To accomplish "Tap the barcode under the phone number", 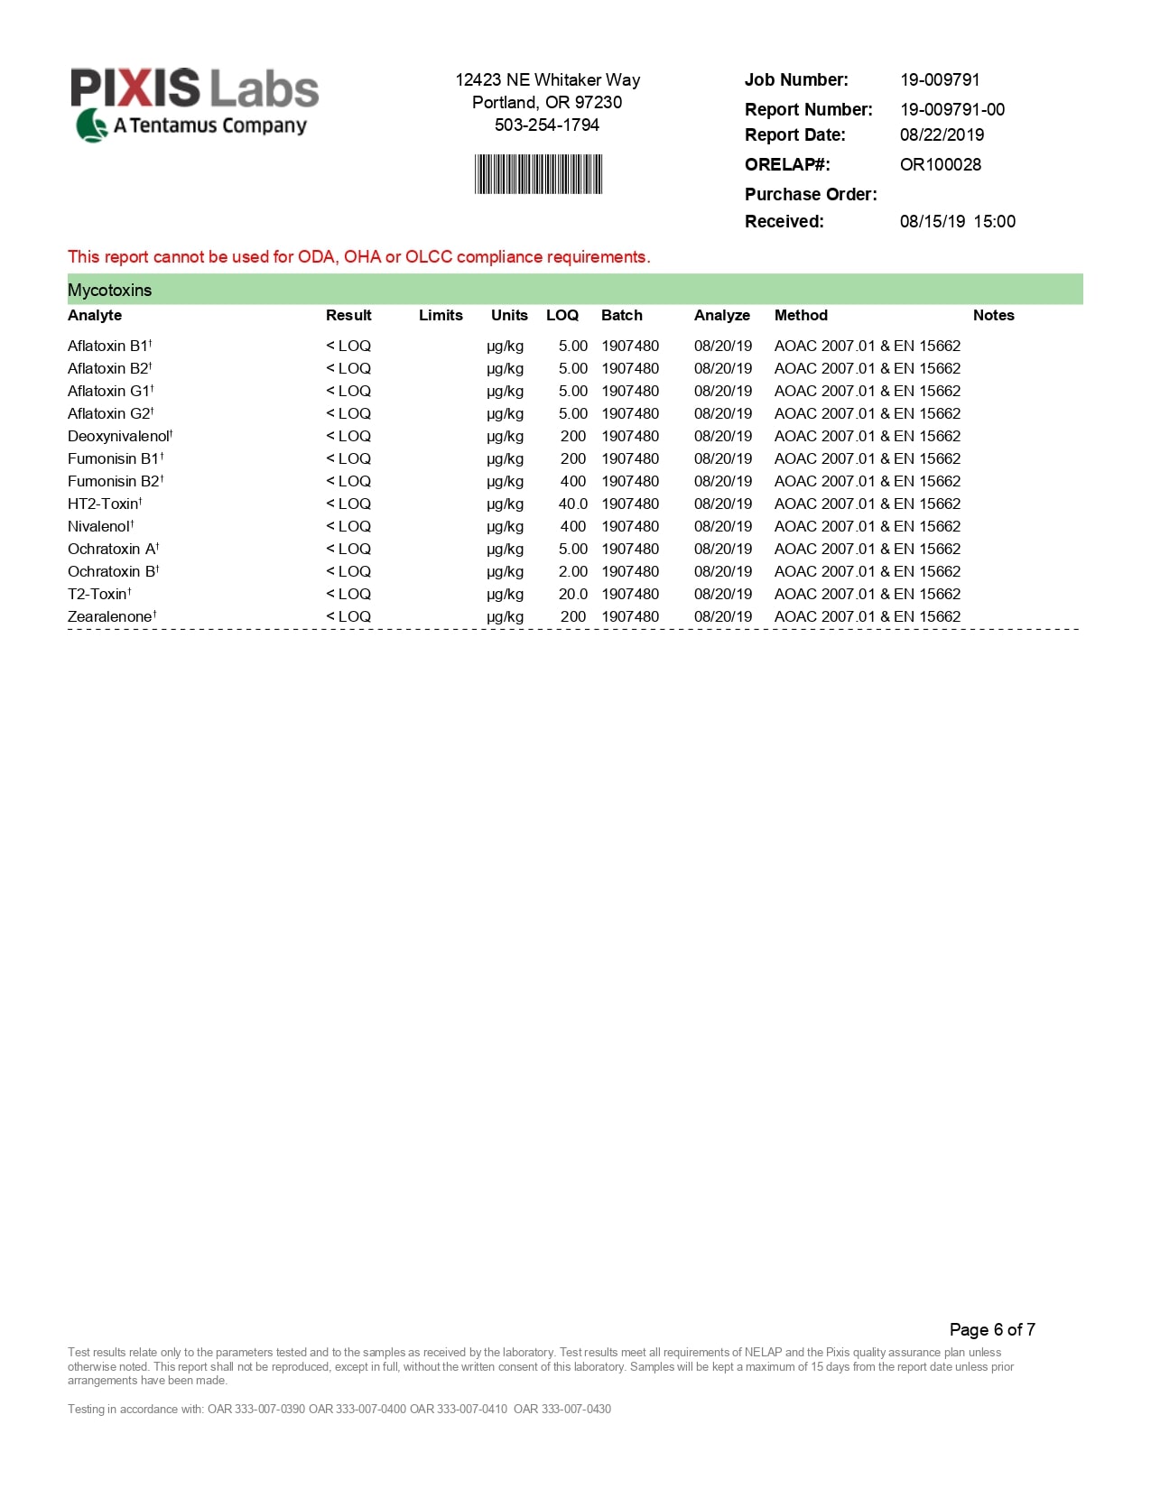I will coord(539,174).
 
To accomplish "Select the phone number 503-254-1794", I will coord(546,125).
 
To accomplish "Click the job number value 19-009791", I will coord(940,80).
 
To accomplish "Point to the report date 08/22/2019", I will coord(942,135).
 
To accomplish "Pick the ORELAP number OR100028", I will coord(940,165).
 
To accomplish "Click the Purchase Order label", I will coord(810,195).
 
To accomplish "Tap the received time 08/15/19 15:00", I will coord(957,222).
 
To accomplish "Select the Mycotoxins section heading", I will coord(110,291).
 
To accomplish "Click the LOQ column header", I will coord(562,316).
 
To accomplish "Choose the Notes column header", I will coord(993,316).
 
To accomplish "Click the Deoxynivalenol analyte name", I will coord(118,437).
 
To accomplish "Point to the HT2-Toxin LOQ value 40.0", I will coord(572,504).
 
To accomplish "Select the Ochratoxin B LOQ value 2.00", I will coord(572,572).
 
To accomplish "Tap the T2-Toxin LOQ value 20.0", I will coord(572,595).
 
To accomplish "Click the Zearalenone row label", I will coord(110,617).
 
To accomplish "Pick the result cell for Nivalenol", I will coord(348,527).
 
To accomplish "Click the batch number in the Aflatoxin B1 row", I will coord(630,347).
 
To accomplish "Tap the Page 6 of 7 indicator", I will coord(991,1329).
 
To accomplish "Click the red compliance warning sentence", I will coord(358,257).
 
